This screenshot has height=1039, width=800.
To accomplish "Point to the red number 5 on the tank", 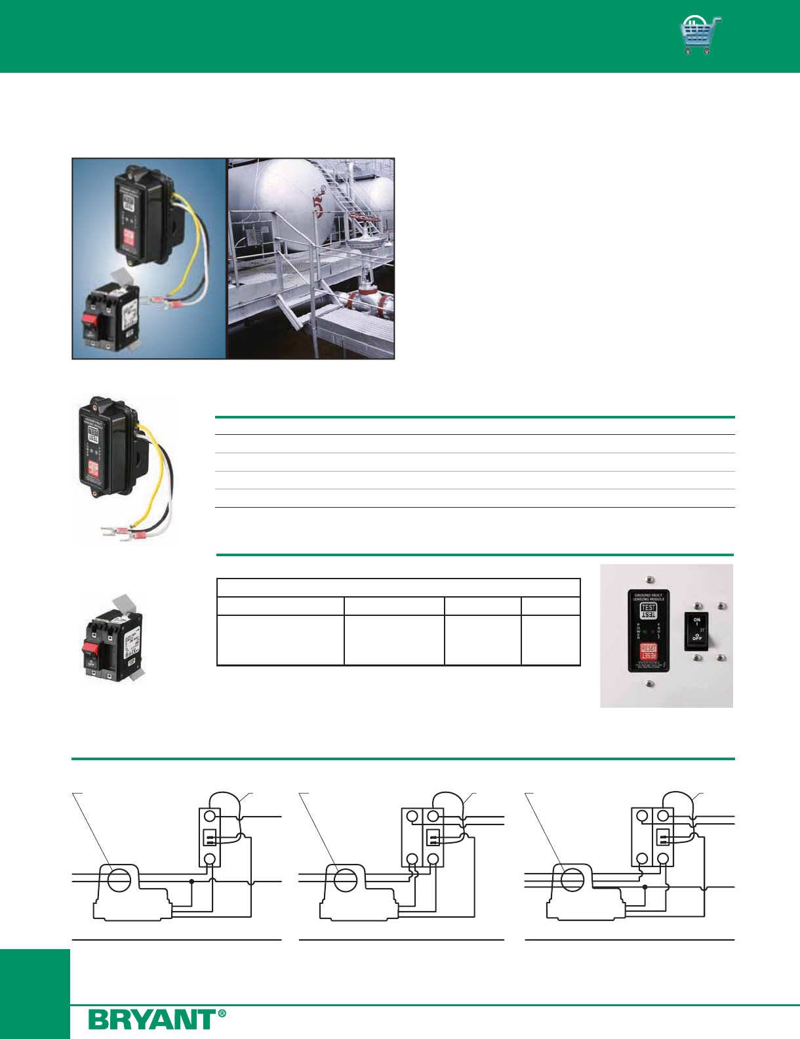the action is pyautogui.click(x=317, y=209).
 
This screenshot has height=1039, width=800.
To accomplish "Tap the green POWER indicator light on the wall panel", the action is pyautogui.click(x=646, y=632).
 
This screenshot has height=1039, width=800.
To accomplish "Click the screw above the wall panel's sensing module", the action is pyautogui.click(x=649, y=580).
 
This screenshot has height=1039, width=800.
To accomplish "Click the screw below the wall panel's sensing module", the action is pyautogui.click(x=649, y=684).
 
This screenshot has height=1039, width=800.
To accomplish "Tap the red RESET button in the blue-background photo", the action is pyautogui.click(x=129, y=237).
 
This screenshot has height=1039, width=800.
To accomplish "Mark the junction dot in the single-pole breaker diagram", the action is pyautogui.click(x=191, y=882).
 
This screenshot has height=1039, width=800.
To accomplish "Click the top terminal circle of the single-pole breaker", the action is pyautogui.click(x=210, y=817).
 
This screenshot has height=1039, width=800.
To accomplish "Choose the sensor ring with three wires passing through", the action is pyautogui.click(x=572, y=880).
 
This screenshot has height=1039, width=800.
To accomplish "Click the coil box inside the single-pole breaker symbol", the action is pyautogui.click(x=210, y=838).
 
